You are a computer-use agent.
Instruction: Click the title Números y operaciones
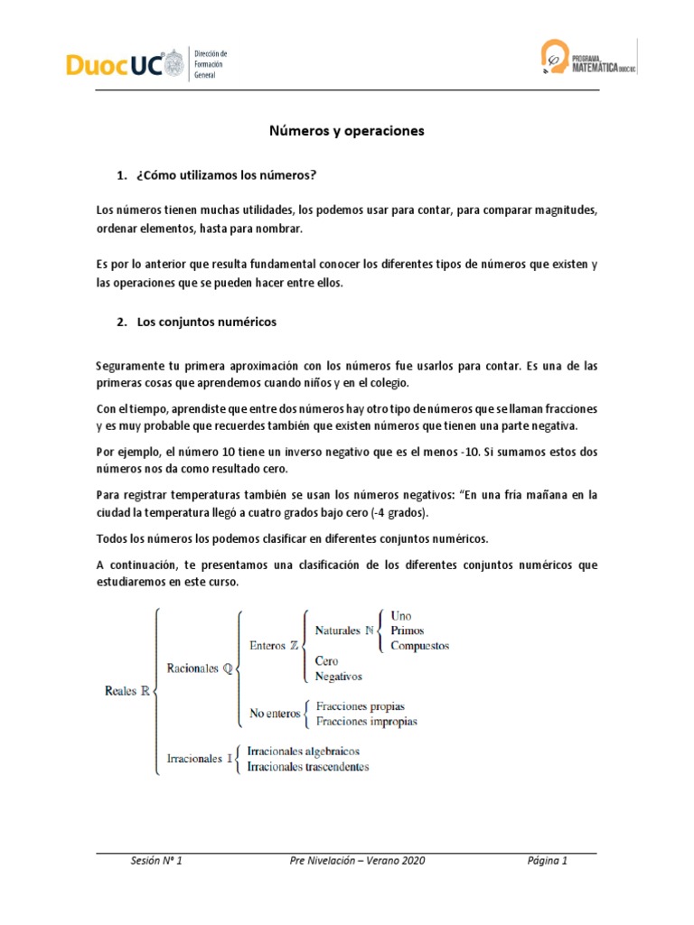[x=347, y=131]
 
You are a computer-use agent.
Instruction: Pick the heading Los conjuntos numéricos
[x=207, y=321]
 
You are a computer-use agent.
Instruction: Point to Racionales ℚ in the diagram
[x=200, y=668]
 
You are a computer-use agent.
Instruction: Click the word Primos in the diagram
[x=407, y=631]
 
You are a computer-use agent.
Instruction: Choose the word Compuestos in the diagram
[x=419, y=646]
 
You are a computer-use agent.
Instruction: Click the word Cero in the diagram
[x=327, y=660]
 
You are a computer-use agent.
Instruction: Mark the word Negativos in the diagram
[x=338, y=676]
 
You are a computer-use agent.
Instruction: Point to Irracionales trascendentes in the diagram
[x=308, y=767]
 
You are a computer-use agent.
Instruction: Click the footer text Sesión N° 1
[x=156, y=861]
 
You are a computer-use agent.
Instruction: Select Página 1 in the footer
[x=548, y=861]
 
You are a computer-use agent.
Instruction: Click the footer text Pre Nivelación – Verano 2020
[x=352, y=861]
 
